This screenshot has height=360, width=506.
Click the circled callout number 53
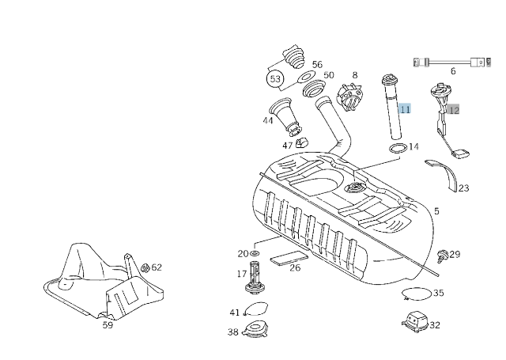click(x=275, y=79)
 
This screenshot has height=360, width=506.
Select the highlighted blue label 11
click(x=405, y=109)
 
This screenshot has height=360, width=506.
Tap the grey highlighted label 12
click(x=453, y=110)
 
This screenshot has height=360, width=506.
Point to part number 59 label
click(x=108, y=324)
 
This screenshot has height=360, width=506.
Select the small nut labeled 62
click(x=145, y=267)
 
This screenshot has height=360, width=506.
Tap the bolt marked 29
click(x=443, y=255)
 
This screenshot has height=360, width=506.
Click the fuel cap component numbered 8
click(x=349, y=98)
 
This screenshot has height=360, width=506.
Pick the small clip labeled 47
click(x=301, y=143)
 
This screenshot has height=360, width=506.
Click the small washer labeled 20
click(x=255, y=253)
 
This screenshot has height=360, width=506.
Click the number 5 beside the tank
click(x=436, y=211)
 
